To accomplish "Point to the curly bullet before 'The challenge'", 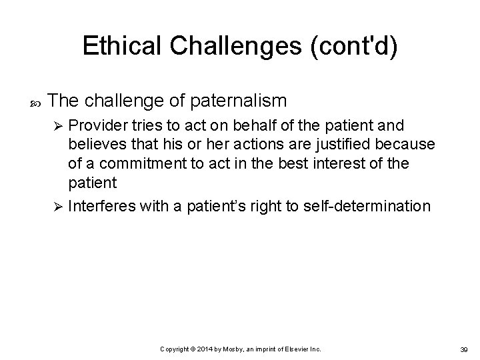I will (x=35, y=102).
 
